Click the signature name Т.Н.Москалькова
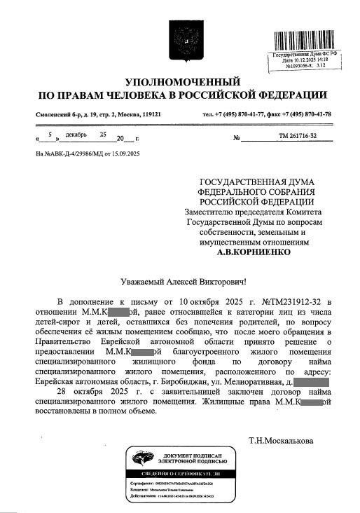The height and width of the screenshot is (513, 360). tap(281, 441)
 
